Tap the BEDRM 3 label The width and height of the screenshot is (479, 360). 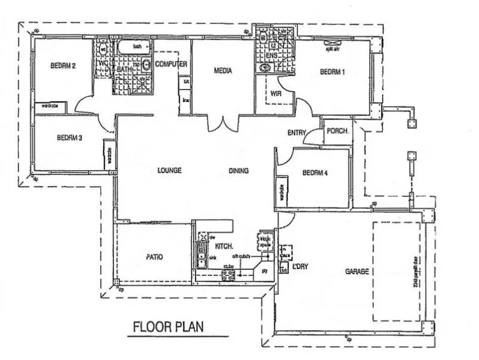click(x=69, y=137)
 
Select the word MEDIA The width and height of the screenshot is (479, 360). click(x=223, y=71)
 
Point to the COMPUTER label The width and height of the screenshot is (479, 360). click(x=171, y=64)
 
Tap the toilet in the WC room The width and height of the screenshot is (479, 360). click(x=103, y=49)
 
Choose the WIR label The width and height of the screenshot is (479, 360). click(x=276, y=94)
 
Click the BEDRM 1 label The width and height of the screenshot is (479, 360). click(x=332, y=71)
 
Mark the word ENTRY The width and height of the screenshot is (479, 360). click(x=297, y=133)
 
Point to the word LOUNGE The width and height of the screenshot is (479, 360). click(x=169, y=170)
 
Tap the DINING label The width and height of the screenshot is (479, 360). click(x=238, y=170)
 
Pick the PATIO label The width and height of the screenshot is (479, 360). click(x=154, y=256)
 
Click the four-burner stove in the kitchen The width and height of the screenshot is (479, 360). click(x=229, y=275)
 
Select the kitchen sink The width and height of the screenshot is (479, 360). click(x=203, y=259)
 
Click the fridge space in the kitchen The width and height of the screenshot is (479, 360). click(x=264, y=242)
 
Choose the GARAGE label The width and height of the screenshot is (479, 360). click(x=357, y=271)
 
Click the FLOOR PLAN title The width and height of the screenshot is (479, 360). click(x=167, y=327)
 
